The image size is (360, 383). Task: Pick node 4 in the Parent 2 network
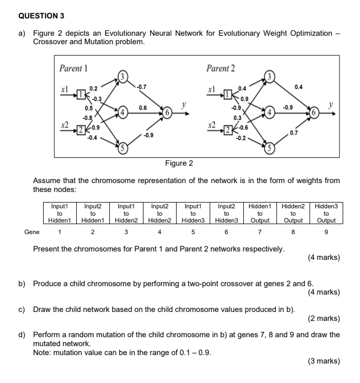(x=271, y=113)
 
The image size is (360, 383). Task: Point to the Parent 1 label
(x=74, y=68)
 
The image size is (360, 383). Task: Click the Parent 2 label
(x=221, y=68)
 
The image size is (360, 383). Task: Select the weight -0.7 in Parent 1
(x=141, y=87)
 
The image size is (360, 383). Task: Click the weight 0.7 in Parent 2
(x=293, y=133)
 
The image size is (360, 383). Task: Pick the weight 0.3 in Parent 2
(x=238, y=118)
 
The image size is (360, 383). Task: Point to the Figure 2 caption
(x=179, y=163)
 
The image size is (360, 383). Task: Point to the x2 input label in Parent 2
(x=212, y=127)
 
